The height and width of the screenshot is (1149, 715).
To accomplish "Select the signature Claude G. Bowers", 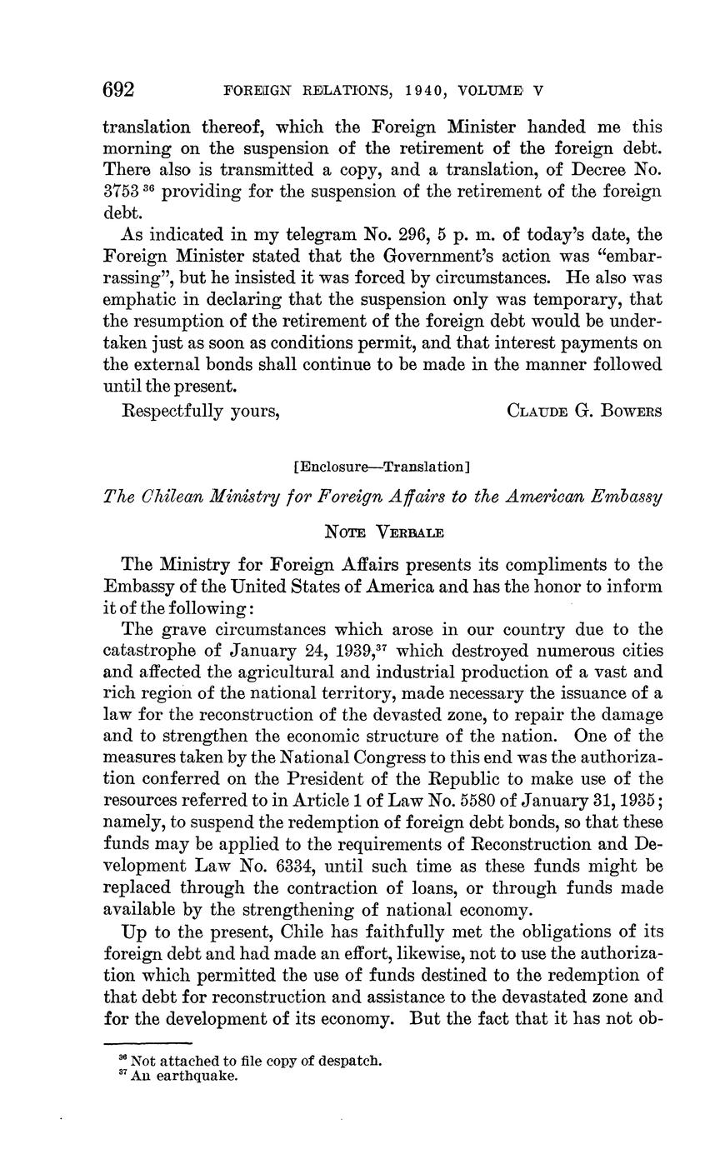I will pos(584,411).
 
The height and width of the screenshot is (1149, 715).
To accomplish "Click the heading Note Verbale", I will pos(382,530).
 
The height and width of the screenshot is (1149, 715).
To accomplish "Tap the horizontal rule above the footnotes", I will pos(147,1042).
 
